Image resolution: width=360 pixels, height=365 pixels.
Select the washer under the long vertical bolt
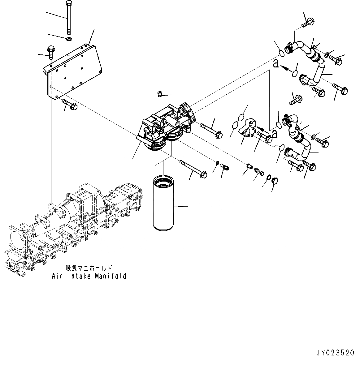point(69,39)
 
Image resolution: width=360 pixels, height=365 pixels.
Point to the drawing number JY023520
point(336,352)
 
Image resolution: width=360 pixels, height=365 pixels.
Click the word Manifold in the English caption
point(111,276)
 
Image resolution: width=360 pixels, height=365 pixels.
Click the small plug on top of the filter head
point(160,93)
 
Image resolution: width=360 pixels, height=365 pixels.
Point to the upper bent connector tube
point(313,62)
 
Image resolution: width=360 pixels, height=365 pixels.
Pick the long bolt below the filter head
point(192,169)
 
